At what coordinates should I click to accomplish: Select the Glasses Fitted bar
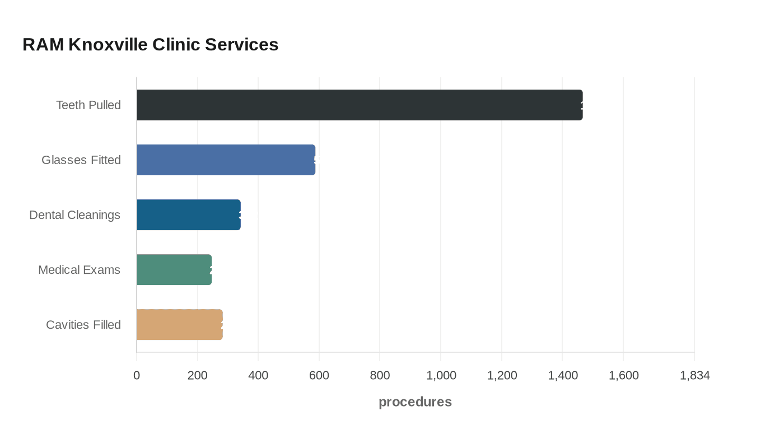pyautogui.click(x=226, y=160)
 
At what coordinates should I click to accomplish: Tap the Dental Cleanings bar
pyautogui.click(x=188, y=214)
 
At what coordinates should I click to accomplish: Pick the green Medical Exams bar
pyautogui.click(x=174, y=269)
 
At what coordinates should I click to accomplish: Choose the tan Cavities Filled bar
pyautogui.click(x=179, y=324)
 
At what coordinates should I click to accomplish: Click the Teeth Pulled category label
pyautogui.click(x=88, y=105)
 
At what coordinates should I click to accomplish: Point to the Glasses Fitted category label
pyautogui.click(x=81, y=160)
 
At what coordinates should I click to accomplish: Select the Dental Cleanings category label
pyautogui.click(x=75, y=214)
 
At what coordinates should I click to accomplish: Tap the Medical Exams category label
pyautogui.click(x=79, y=269)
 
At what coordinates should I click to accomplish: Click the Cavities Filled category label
pyautogui.click(x=83, y=324)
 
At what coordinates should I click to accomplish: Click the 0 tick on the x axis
pyautogui.click(x=137, y=375)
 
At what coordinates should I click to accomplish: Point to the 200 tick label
pyautogui.click(x=198, y=375)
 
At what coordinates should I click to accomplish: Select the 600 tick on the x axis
pyautogui.click(x=319, y=375)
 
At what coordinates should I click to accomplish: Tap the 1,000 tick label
pyautogui.click(x=441, y=375)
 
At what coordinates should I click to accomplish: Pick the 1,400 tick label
pyautogui.click(x=563, y=375)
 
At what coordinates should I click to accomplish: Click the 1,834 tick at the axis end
pyautogui.click(x=694, y=375)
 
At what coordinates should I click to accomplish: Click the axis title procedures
pyautogui.click(x=415, y=402)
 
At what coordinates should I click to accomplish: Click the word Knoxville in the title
pyautogui.click(x=108, y=44)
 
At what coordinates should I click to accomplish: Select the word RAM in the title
pyautogui.click(x=43, y=44)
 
